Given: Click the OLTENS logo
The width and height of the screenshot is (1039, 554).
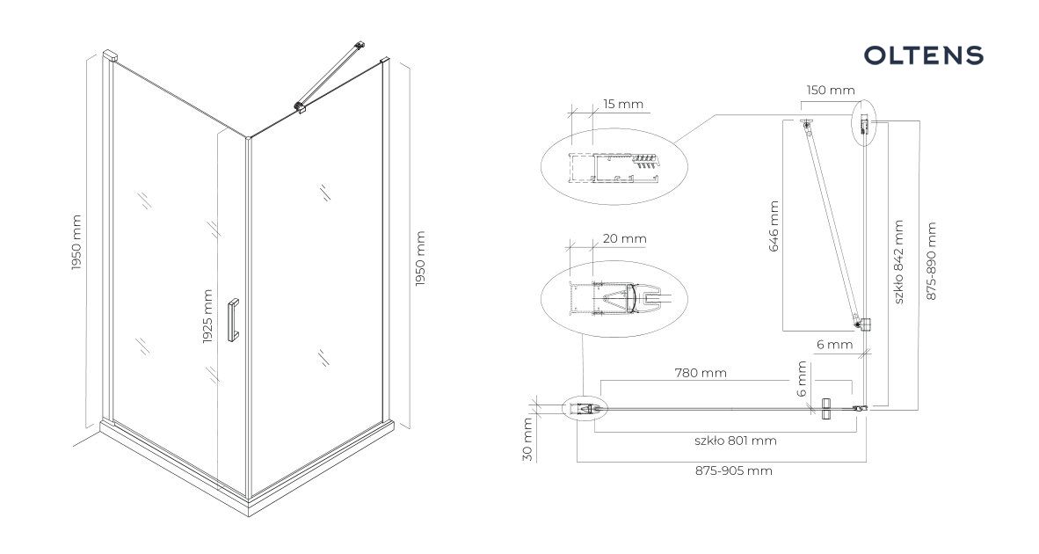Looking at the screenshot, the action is tap(923, 55).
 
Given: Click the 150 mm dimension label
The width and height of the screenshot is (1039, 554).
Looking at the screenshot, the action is tap(831, 90).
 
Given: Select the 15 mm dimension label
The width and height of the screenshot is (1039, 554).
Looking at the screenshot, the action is tap(623, 104).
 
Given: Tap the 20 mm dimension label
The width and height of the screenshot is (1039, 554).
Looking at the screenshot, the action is tap(624, 238).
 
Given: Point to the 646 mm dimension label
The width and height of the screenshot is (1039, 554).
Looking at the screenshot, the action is tap(774, 227).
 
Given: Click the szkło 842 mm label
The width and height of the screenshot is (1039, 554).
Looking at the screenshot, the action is tap(897, 262).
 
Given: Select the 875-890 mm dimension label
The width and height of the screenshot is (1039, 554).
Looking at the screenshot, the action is tap(931, 261).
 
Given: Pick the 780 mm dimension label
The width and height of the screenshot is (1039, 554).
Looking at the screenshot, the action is tap(701, 373).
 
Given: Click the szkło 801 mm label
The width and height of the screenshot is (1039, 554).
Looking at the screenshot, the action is tap(736, 441).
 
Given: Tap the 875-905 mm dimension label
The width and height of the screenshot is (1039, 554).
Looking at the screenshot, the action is tap(733, 470).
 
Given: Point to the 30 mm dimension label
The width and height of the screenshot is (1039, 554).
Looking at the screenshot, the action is tap(527, 440).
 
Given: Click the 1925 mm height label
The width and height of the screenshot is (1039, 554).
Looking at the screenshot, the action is tap(207, 317).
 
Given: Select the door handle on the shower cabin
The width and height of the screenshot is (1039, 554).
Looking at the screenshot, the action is tap(233, 320).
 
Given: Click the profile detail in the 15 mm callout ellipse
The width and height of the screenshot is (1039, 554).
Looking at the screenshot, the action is tap(614, 167).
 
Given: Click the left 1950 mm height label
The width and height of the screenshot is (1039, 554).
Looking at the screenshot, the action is tap(76, 243).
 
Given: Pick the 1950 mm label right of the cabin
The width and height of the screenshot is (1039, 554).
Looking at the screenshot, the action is tap(419, 259).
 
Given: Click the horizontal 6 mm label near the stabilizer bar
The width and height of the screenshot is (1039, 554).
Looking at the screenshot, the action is tap(834, 345).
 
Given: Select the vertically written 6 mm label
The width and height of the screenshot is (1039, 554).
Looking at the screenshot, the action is tap(802, 379).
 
